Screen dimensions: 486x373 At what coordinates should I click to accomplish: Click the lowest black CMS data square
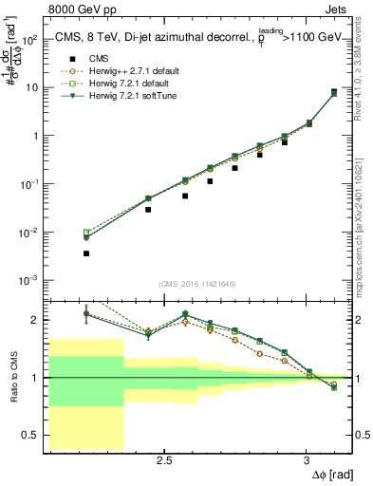[86, 253]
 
